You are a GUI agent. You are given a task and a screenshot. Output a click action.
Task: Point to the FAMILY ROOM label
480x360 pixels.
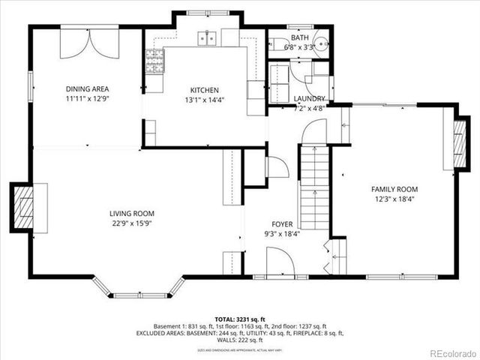point(394,189)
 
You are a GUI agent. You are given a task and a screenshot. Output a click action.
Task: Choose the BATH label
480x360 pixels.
point(300,37)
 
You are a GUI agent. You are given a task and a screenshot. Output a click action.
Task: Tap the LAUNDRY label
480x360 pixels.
point(309,98)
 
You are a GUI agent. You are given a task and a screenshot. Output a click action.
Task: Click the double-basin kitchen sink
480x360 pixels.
point(207,37)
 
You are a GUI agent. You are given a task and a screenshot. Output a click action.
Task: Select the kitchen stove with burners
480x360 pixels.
point(154,63)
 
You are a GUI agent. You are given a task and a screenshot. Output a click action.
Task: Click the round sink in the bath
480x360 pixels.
point(321,43)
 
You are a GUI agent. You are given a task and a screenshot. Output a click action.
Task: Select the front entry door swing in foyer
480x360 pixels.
point(280,262)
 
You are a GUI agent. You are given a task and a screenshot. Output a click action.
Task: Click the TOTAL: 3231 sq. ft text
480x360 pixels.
point(239,319)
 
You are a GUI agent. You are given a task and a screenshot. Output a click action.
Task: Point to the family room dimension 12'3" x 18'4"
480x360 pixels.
point(394,199)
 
